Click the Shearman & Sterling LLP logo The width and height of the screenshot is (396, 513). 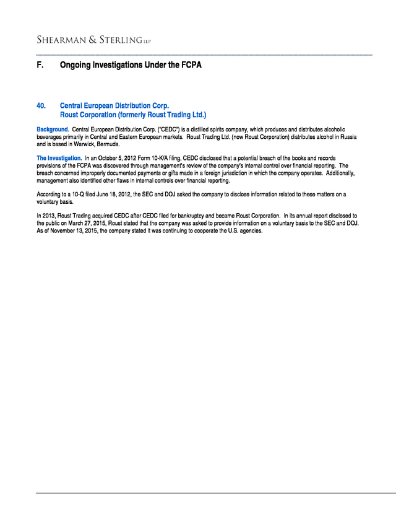(93, 40)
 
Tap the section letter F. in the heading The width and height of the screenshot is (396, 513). (40, 64)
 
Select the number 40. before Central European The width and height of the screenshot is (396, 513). (42, 106)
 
